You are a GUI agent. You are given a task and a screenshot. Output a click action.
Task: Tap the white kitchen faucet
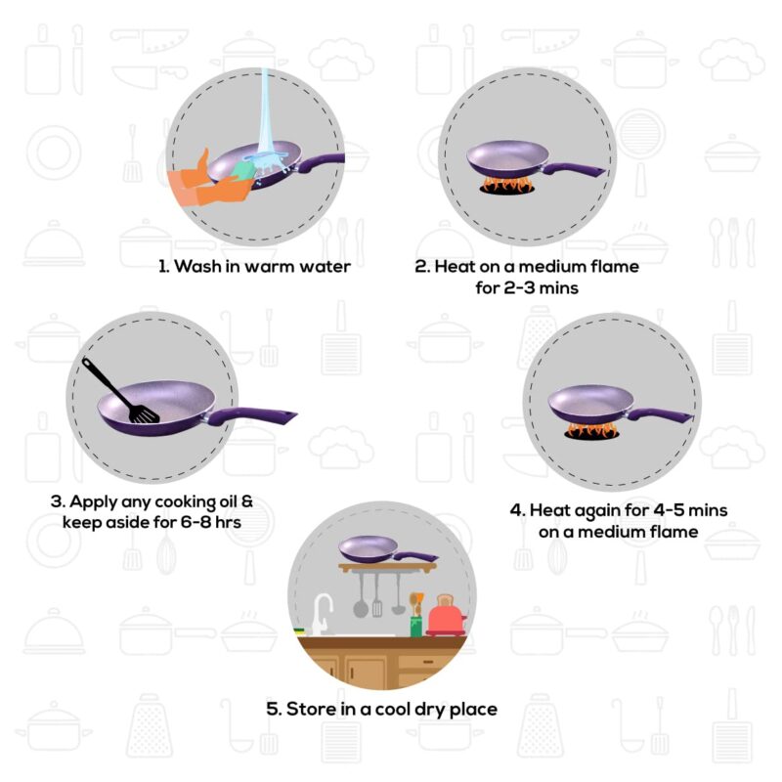(x=321, y=614)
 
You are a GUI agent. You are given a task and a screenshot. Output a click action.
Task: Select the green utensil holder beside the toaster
(x=415, y=624)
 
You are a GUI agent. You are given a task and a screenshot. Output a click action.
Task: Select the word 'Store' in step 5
(x=310, y=709)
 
